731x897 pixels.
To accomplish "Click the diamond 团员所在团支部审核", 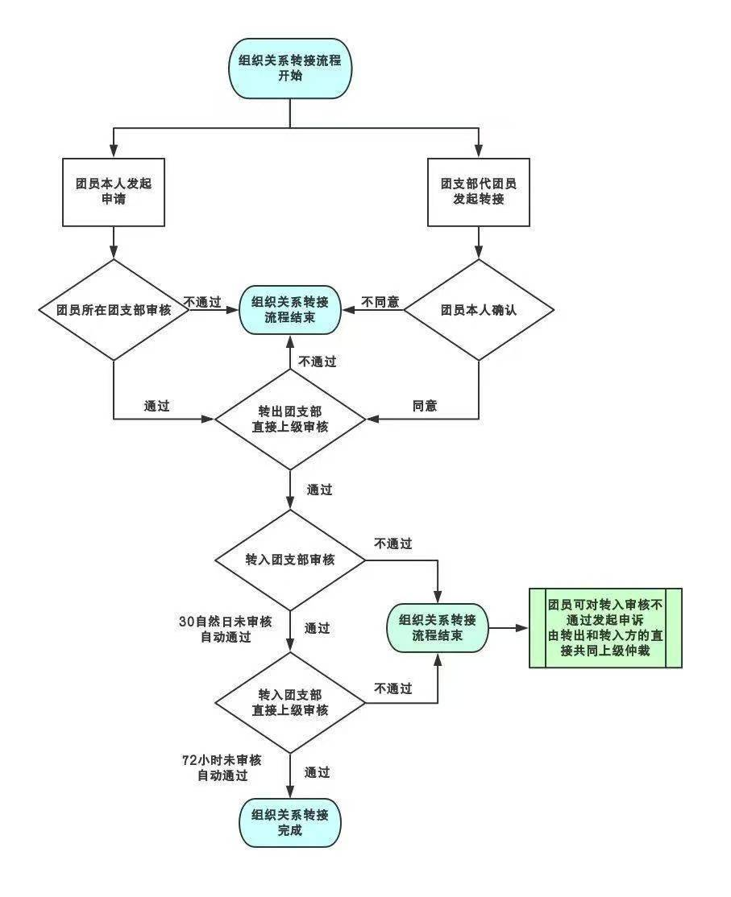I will (x=114, y=309).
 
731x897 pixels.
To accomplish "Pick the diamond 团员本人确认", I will (x=479, y=309).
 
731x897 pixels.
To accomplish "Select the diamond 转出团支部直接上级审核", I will (x=289, y=420).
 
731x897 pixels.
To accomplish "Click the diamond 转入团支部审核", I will (x=289, y=559).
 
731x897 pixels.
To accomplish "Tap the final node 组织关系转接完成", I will (x=289, y=823).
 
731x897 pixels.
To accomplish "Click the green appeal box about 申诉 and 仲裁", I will (x=605, y=628).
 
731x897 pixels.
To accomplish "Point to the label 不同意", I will (x=380, y=302).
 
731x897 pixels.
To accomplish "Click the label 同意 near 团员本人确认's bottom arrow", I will (x=425, y=406).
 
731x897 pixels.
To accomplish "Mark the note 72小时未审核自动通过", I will (x=222, y=768).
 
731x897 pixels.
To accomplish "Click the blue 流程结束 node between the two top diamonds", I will (x=289, y=310).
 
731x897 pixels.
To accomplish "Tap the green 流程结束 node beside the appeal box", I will (x=438, y=628).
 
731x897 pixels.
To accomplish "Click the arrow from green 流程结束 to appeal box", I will (x=508, y=628).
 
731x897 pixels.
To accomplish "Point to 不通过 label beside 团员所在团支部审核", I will (x=202, y=302).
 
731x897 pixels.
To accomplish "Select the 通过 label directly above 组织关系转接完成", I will (x=317, y=772).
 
